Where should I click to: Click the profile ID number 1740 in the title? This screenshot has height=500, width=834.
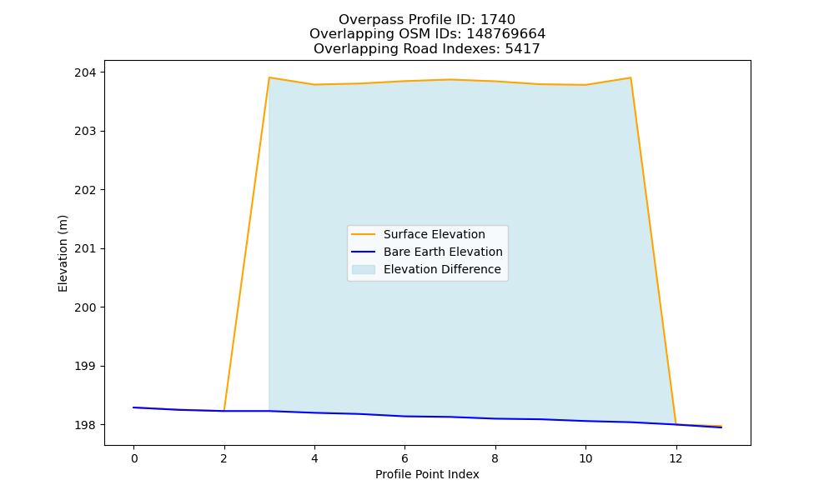click(498, 20)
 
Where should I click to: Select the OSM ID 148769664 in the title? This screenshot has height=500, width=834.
click(506, 34)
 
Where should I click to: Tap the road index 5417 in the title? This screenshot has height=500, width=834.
click(522, 49)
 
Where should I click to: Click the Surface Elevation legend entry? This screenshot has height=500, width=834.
click(418, 234)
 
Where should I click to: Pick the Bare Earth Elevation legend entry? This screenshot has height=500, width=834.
click(426, 252)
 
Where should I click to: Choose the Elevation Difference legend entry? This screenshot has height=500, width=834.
click(426, 269)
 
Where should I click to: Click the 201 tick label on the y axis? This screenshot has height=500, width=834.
click(86, 248)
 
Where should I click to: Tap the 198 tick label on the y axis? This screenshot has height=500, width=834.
click(86, 425)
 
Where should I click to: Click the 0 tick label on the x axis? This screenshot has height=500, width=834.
click(134, 458)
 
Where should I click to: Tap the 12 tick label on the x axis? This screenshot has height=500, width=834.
click(676, 458)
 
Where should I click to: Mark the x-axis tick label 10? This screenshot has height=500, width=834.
click(585, 458)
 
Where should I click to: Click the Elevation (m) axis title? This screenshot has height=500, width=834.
click(63, 253)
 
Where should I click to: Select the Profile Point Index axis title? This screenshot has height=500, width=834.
click(427, 474)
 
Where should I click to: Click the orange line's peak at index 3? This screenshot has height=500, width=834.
click(269, 77)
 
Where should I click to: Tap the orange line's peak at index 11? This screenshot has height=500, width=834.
click(631, 77)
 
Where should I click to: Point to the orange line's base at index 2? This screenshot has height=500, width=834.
click(224, 411)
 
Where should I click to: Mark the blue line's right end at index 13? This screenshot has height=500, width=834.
click(721, 427)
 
